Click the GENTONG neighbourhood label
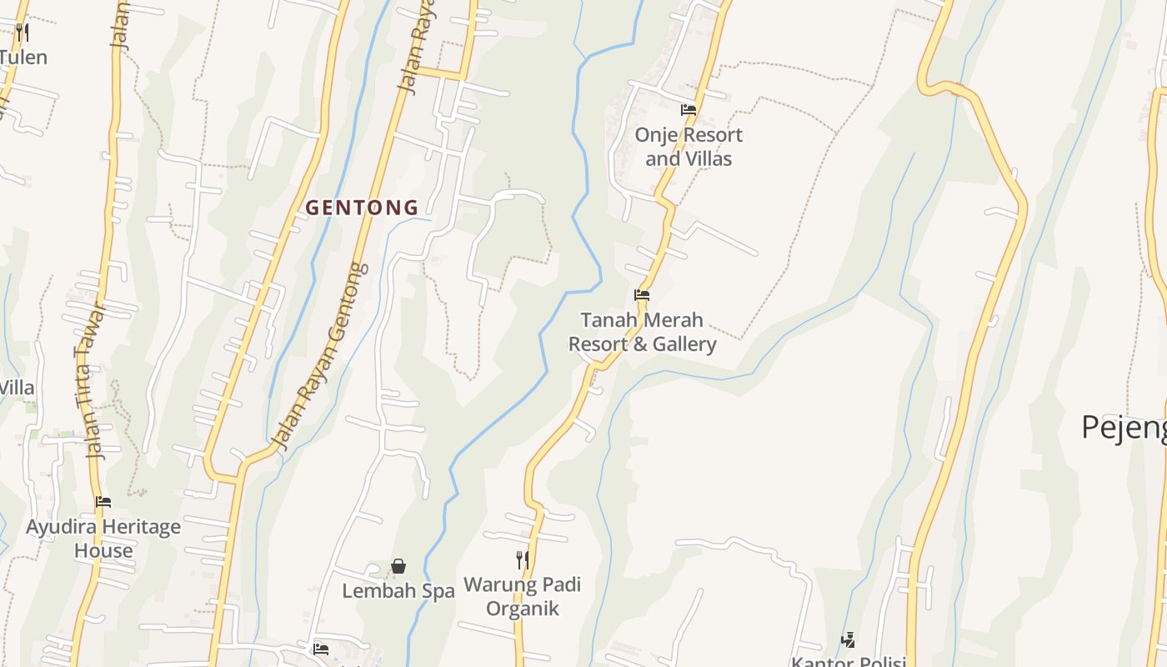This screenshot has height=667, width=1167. point(362,208)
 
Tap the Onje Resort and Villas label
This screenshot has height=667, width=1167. point(689,147)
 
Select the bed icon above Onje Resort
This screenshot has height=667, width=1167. point(689,109)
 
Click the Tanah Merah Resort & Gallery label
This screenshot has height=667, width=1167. point(642,332)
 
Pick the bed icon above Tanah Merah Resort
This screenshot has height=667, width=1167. point(642,295)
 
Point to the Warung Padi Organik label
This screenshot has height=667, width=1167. point(522,596)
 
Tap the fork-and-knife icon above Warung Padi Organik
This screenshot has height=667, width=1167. point(522,559)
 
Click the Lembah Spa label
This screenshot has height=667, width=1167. point(398,591)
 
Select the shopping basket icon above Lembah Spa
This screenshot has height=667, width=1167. point(398,567)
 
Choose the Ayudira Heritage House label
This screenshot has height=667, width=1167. point(103,539)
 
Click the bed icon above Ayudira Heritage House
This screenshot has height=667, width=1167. point(103,502)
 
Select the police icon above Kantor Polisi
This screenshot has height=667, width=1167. point(849,640)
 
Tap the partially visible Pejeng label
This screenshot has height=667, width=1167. point(1124,427)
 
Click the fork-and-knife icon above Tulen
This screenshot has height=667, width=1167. point(23,33)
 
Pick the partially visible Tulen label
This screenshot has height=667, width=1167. point(23,58)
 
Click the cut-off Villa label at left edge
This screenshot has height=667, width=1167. point(17,388)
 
